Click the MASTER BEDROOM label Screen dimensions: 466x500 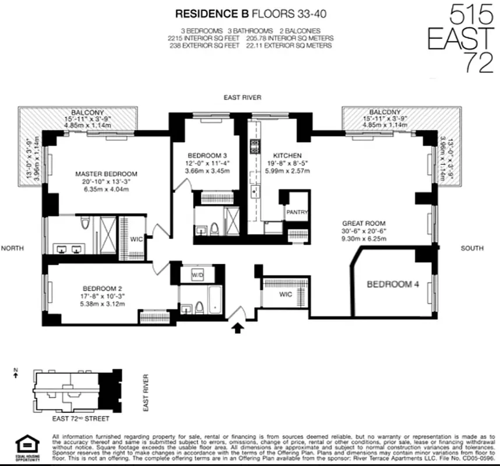click(106, 174)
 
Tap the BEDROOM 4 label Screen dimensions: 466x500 click(394, 284)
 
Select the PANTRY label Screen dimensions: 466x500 click(297, 213)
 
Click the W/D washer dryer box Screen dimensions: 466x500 click(197, 275)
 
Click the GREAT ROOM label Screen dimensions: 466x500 click(364, 223)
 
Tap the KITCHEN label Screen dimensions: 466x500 click(288, 156)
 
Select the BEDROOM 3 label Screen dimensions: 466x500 click(207, 156)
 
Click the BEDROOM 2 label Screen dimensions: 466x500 click(102, 288)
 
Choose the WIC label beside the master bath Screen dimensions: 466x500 click(136, 238)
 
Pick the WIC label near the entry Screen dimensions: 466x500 click(285, 294)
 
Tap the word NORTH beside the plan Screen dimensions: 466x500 click(13, 248)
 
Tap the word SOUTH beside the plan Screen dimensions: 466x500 click(471, 248)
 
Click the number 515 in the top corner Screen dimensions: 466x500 click(470, 14)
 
